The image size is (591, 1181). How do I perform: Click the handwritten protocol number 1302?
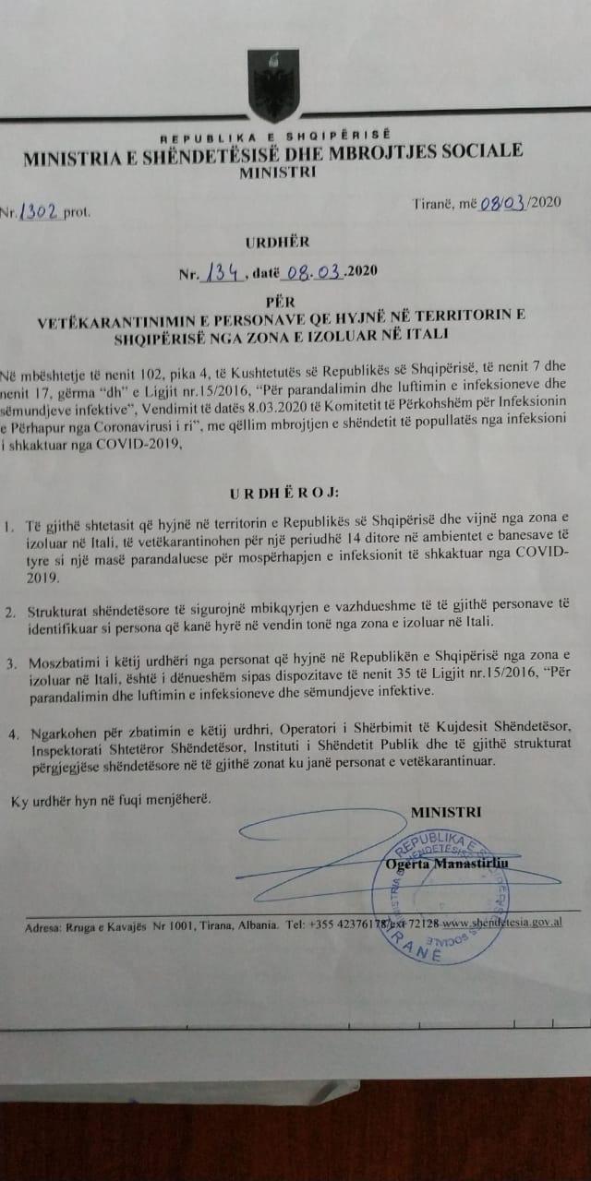click(x=42, y=210)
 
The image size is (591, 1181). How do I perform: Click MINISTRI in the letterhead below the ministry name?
click(x=276, y=172)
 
